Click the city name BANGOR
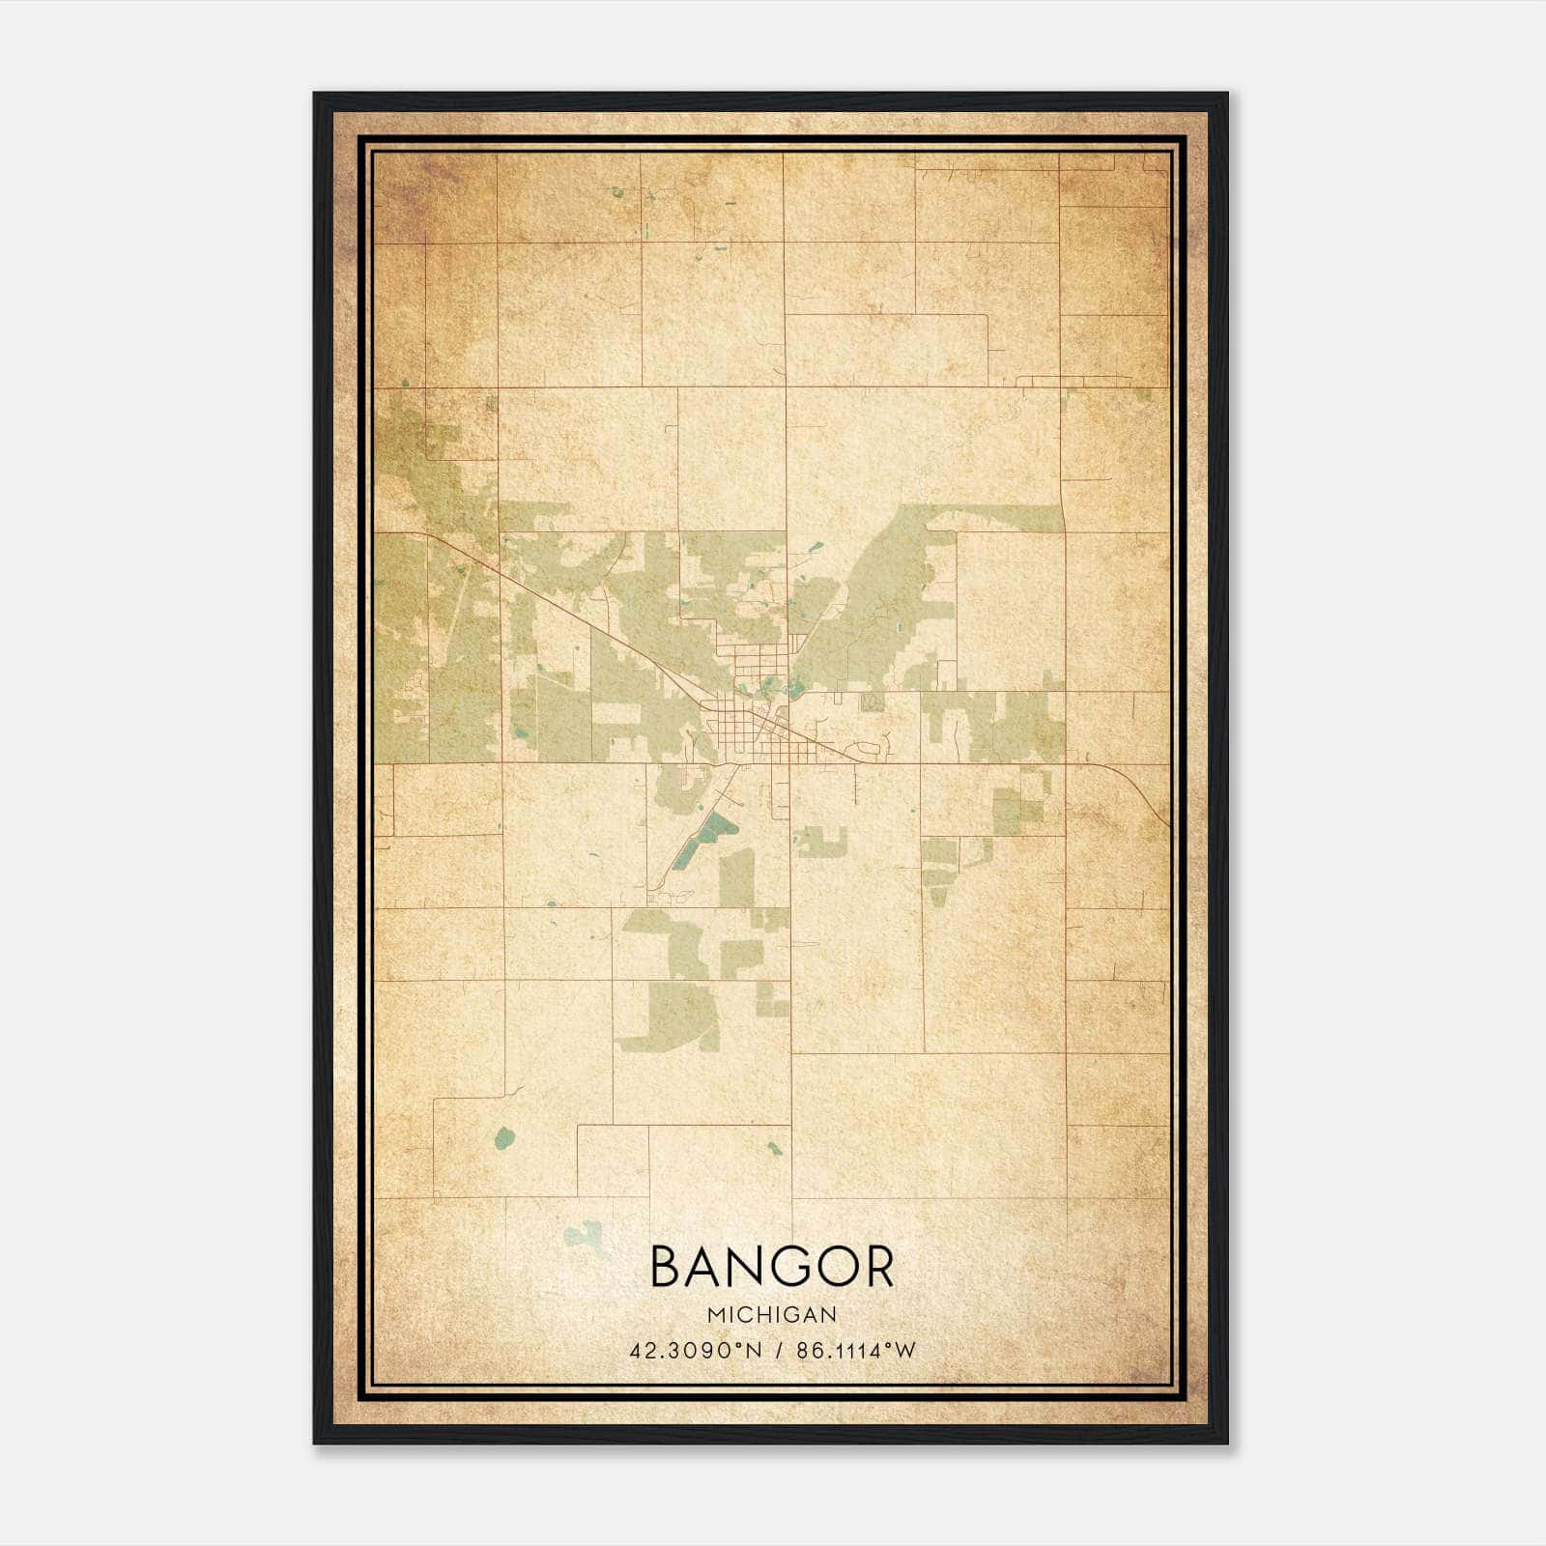[x=772, y=1266]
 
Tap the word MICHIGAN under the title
[x=772, y=1314]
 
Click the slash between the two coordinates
[x=778, y=1351]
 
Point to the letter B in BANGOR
[x=669, y=1266]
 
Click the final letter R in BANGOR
[x=876, y=1266]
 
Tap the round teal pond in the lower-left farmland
[x=503, y=1139]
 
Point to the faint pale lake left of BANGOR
[x=584, y=1233]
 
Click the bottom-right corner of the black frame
[x=1226, y=1443]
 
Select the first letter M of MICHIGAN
[x=715, y=1314]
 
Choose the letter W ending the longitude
[x=905, y=1351]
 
